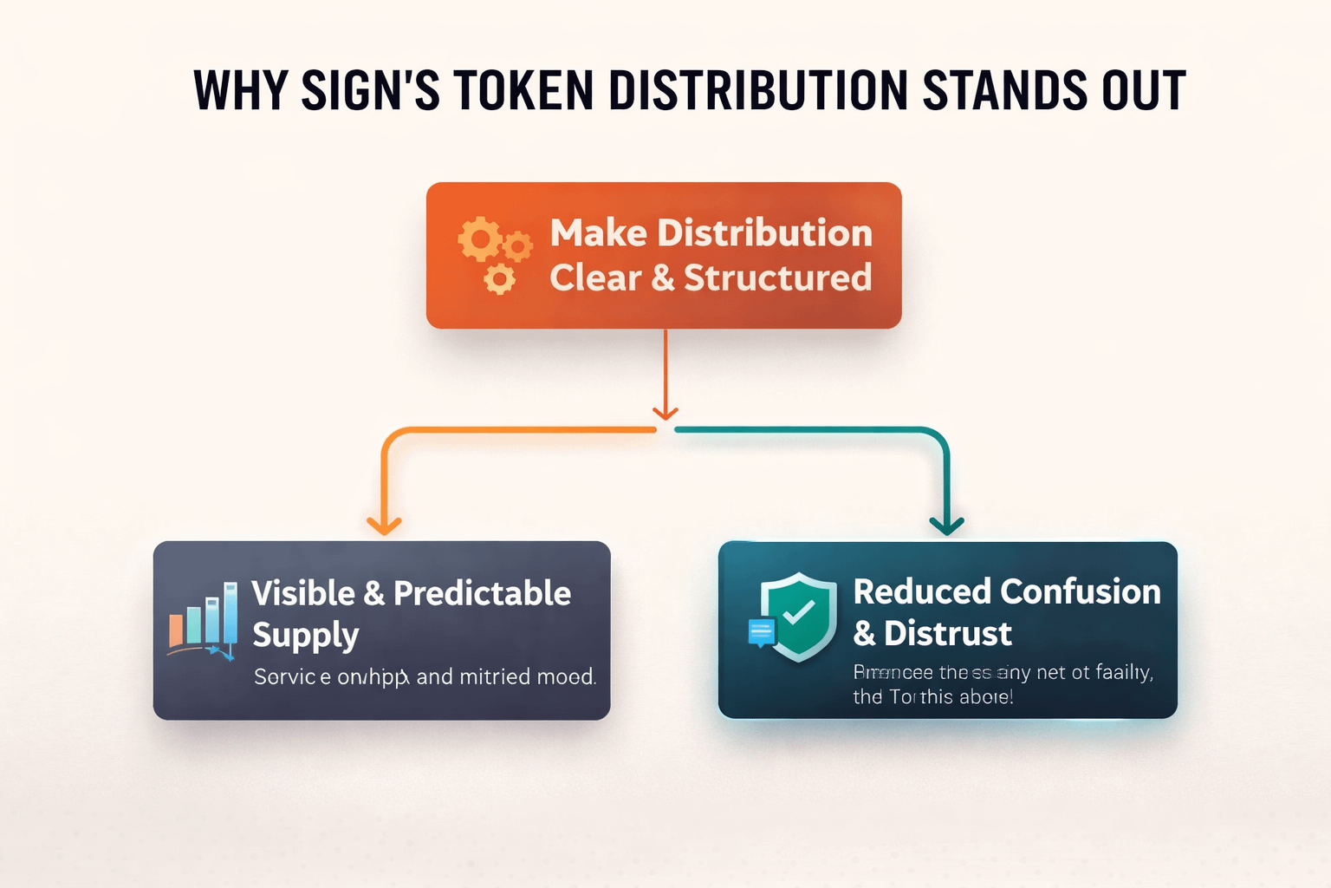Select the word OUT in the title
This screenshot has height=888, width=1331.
(x=1143, y=90)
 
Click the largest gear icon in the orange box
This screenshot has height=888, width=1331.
(x=479, y=238)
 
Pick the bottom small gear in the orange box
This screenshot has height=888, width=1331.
(x=499, y=279)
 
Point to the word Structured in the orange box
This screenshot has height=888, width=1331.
(x=777, y=277)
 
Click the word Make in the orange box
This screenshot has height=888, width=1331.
(x=598, y=232)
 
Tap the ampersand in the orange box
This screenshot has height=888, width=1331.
(x=662, y=278)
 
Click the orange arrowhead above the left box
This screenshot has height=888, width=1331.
(x=384, y=525)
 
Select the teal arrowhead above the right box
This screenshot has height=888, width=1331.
(x=946, y=525)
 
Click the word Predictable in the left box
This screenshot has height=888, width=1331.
(x=482, y=593)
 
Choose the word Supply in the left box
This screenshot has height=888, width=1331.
(x=305, y=636)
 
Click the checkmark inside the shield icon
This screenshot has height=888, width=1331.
(x=798, y=613)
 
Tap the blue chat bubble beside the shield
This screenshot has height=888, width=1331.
(x=762, y=632)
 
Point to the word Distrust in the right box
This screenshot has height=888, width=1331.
(x=947, y=634)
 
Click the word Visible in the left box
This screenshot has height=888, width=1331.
(x=303, y=593)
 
